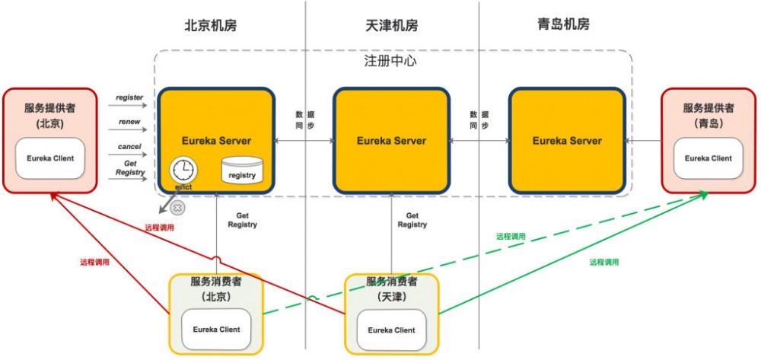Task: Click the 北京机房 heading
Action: pyautogui.click(x=211, y=25)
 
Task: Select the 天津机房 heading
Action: pyautogui.click(x=392, y=25)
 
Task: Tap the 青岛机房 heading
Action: pyautogui.click(x=563, y=24)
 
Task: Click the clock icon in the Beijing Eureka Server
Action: pyautogui.click(x=183, y=169)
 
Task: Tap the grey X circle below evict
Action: pyautogui.click(x=177, y=206)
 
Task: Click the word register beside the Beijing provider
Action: pyautogui.click(x=129, y=97)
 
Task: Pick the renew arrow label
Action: pyautogui.click(x=129, y=122)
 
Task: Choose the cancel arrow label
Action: pyautogui.click(x=129, y=146)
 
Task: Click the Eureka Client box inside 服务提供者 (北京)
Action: pyautogui.click(x=51, y=159)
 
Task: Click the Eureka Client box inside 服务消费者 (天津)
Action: pyautogui.click(x=391, y=330)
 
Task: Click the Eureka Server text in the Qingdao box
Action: pyautogui.click(x=567, y=141)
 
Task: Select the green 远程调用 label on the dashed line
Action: pyautogui.click(x=511, y=237)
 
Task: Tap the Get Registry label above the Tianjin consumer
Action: pyautogui.click(x=412, y=220)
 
